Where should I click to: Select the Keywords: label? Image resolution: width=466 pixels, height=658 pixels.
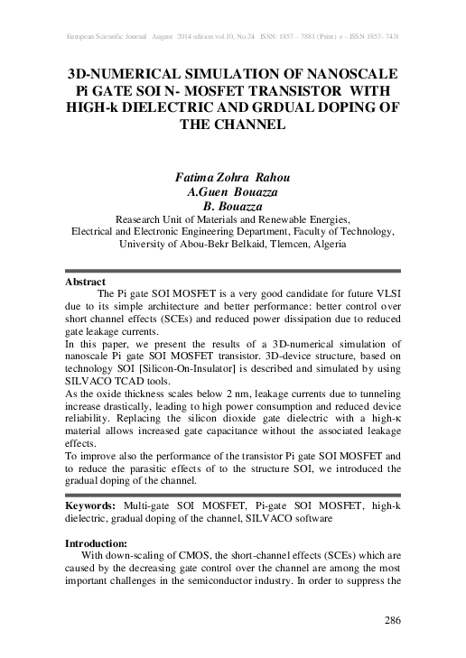(96, 508)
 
